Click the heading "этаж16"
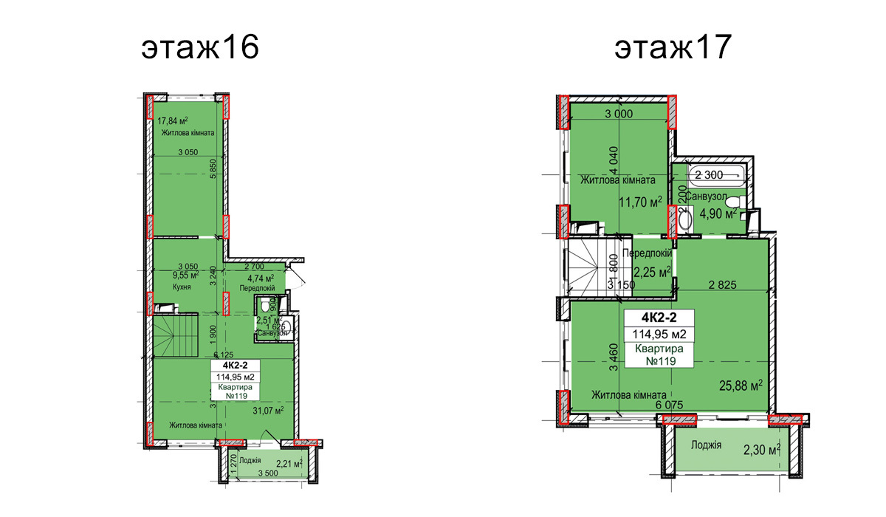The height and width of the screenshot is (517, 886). (x=199, y=48)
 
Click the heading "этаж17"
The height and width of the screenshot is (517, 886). (x=672, y=48)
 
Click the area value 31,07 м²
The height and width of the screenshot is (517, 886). (x=269, y=411)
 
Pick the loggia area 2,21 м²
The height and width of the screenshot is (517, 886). (x=289, y=464)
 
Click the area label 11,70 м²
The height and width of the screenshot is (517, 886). (x=640, y=202)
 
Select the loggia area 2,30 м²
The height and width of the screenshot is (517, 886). (x=763, y=448)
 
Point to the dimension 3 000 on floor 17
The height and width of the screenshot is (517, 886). (x=619, y=114)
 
